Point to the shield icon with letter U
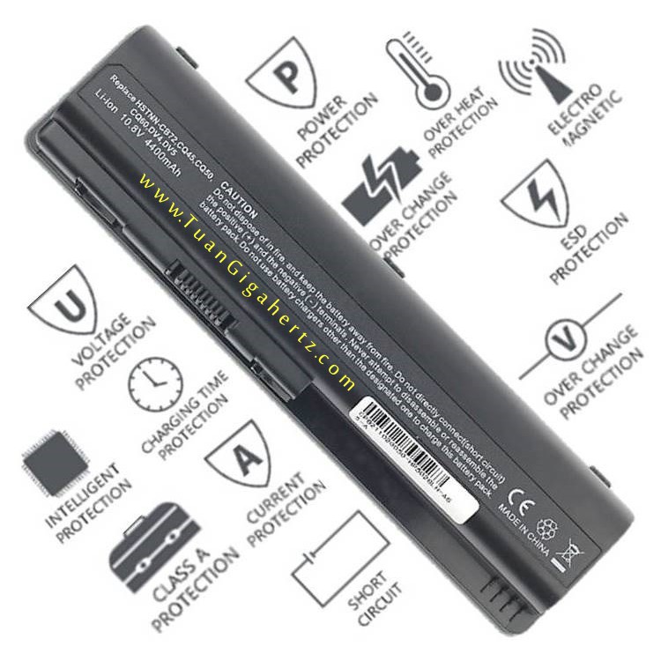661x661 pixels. coord(64,305)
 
